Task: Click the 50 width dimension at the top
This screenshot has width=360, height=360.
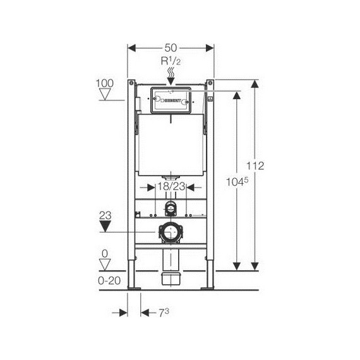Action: click(x=171, y=48)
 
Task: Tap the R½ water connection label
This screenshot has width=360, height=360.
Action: click(x=171, y=61)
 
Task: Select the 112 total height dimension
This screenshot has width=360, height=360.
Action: click(x=255, y=165)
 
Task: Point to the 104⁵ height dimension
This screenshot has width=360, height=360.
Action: click(x=237, y=182)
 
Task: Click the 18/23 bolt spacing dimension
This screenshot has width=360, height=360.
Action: click(x=171, y=186)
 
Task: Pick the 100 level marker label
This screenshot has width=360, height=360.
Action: click(x=104, y=83)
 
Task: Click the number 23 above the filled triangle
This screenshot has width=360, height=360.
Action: click(x=105, y=215)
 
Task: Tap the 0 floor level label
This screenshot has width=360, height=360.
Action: click(x=105, y=254)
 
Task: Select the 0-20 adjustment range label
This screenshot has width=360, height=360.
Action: click(x=109, y=280)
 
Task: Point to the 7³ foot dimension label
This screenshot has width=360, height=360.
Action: click(x=164, y=313)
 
